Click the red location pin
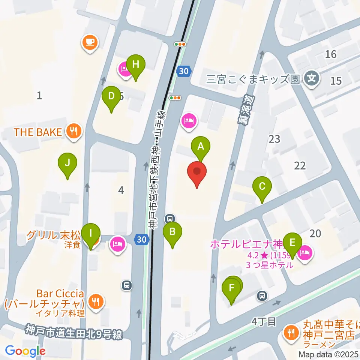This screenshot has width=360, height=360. [x=197, y=173]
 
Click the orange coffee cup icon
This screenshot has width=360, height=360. [x=90, y=42]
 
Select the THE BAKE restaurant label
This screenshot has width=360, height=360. [x=37, y=132]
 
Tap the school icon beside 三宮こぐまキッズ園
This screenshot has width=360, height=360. [x=312, y=78]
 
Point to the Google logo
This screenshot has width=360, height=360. [x=25, y=351]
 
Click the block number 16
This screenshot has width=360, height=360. [x=331, y=54]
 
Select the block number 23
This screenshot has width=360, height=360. [x=274, y=139]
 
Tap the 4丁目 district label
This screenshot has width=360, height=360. [x=264, y=321]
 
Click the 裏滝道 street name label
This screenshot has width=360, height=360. [x=246, y=109]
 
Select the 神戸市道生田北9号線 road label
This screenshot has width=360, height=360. [x=74, y=332]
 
